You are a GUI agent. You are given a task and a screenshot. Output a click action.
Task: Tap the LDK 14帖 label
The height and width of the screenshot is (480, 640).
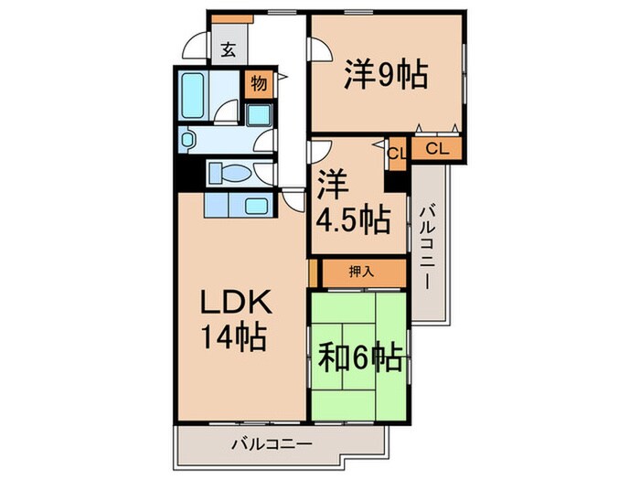click(x=233, y=321)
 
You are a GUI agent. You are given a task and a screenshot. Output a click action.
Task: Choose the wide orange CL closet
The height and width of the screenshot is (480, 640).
click(x=436, y=147)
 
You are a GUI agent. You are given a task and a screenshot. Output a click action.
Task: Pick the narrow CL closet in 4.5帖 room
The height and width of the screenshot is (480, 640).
click(x=395, y=153)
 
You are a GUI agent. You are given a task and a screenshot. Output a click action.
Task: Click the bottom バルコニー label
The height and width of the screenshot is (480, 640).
click(x=271, y=444)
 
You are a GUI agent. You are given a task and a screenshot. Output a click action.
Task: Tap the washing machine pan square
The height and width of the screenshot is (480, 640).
click(x=259, y=115)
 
